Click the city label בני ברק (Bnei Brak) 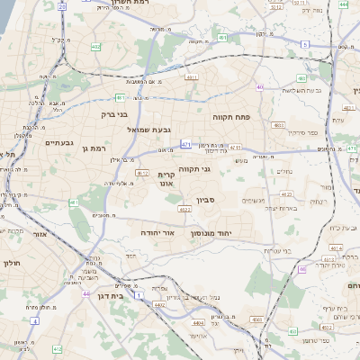tap(114, 115)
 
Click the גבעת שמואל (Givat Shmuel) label tap(143, 130)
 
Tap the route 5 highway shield tap(305, 44)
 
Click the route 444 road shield tap(344, 5)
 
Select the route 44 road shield tap(85, 293)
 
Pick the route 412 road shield tap(56, 348)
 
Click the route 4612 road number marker tap(286, 193)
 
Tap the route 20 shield tap(61, 5)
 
